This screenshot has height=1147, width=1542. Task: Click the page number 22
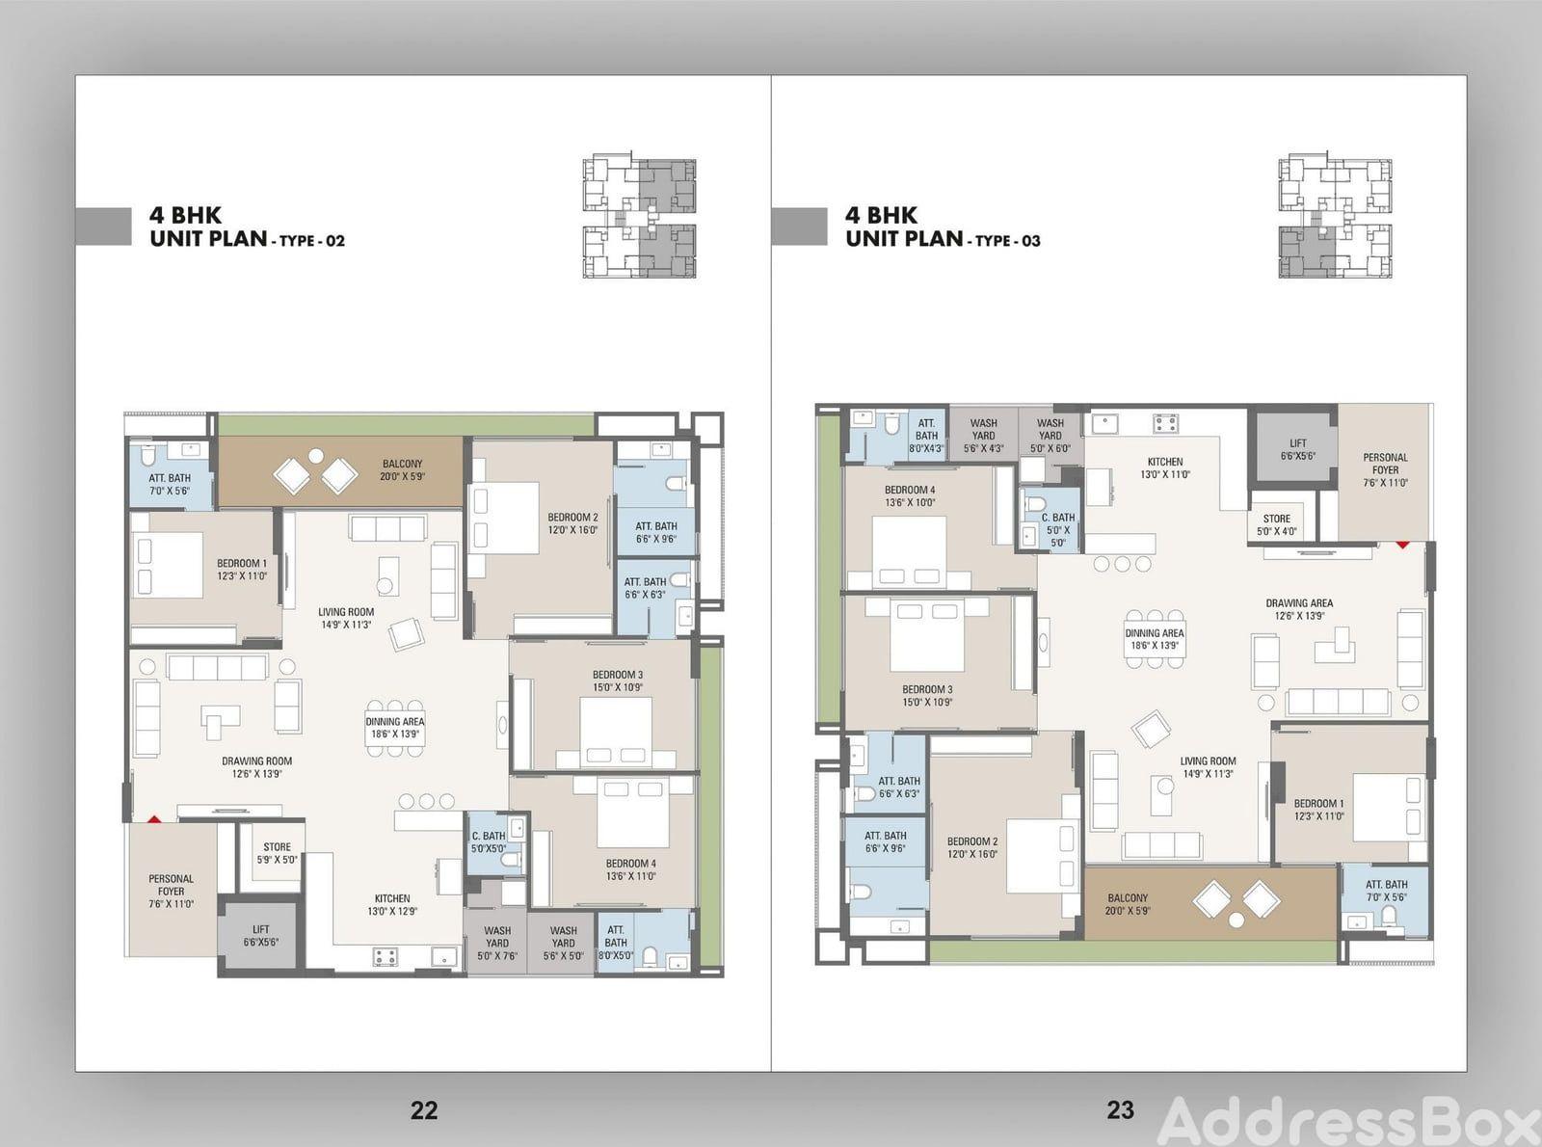coord(424,1110)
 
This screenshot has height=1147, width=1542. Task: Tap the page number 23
coord(1120,1110)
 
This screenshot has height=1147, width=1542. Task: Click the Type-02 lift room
coord(261,936)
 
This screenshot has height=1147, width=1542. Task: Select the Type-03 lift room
coord(1292,449)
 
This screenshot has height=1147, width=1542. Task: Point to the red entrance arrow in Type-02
coord(154,820)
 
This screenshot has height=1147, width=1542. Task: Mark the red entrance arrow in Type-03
coord(1403,545)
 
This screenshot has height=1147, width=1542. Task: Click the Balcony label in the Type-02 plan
coord(403,469)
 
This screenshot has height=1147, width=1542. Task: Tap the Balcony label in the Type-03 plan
coord(1128,904)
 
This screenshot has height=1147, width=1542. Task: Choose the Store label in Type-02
coord(277,853)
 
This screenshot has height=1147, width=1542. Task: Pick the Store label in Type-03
coord(1276,525)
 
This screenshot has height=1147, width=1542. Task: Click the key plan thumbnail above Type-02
coord(640,217)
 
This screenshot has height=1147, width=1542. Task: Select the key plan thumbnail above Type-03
coord(1336,217)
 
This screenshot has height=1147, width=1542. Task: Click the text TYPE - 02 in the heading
coord(312,241)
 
